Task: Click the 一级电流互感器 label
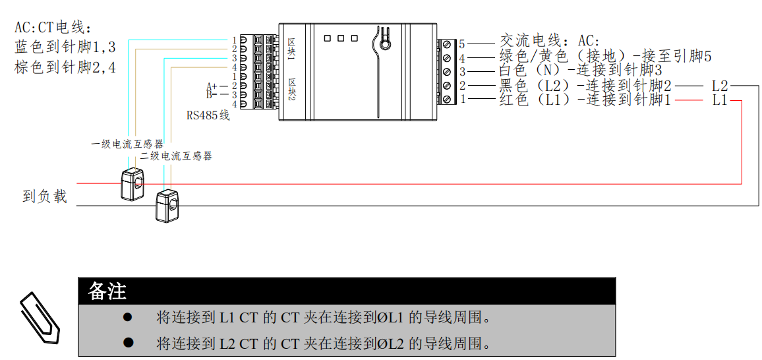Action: pos(127,144)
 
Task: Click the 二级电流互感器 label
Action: pos(176,156)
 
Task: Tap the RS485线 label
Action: pos(208,115)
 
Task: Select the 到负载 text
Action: pos(45,196)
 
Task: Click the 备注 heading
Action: pos(107,291)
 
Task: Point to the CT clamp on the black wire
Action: pos(167,206)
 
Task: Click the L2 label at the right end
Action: pos(719,86)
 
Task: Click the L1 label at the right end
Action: pos(719,100)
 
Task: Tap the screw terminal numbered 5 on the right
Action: pos(448,44)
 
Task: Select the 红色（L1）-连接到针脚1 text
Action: pos(585,100)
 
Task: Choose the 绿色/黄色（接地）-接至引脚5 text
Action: pos(605,57)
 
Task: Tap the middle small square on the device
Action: pos(340,38)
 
